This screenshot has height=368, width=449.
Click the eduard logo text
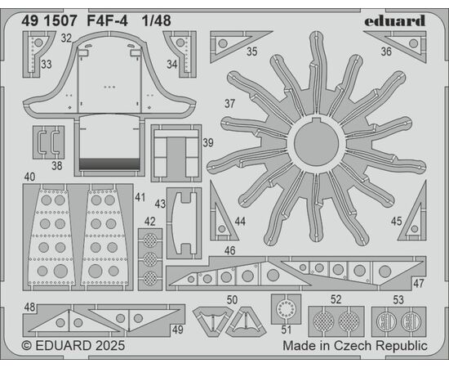[394, 21]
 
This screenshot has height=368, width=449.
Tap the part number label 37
[229, 104]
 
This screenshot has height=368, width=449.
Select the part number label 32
[66, 38]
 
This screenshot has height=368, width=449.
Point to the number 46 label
[230, 250]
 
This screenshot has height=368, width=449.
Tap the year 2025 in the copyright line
[110, 345]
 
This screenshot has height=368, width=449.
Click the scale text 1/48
[157, 20]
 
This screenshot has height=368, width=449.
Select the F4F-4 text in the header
[108, 20]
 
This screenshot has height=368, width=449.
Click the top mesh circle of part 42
[150, 240]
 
